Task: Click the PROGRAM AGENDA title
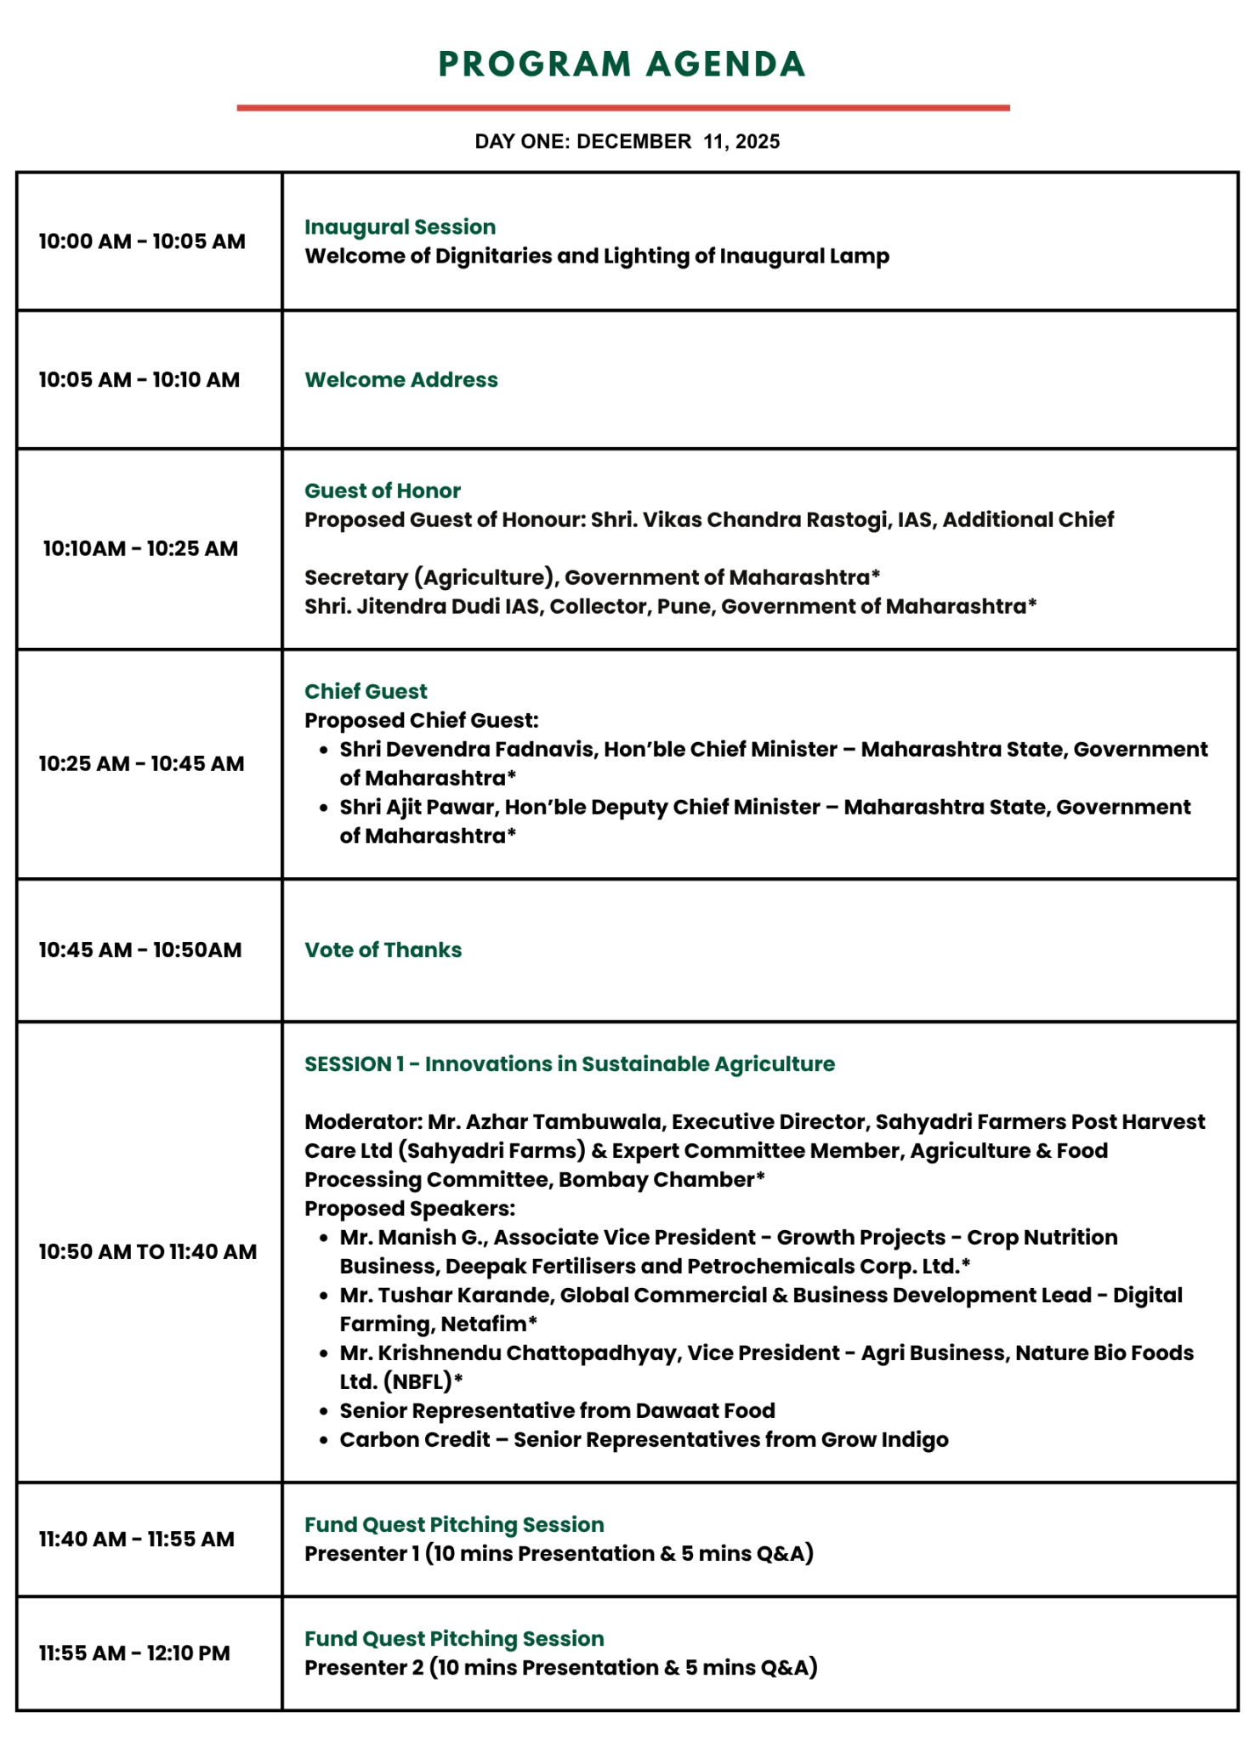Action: [x=622, y=65]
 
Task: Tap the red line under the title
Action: [x=623, y=108]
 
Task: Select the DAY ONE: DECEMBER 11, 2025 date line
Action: [x=627, y=141]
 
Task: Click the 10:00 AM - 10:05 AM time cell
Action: [x=142, y=241]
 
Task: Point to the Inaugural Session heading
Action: [x=400, y=227]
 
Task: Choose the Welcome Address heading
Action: [x=401, y=380]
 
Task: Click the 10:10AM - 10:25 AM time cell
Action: [x=140, y=548]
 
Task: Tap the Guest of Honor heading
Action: [x=383, y=491]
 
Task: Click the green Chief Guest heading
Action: [x=366, y=691]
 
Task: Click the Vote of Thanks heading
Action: [x=383, y=950]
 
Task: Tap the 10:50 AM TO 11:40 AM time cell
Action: [x=147, y=1251]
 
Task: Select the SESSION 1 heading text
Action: [x=570, y=1063]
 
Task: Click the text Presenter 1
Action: [x=362, y=1553]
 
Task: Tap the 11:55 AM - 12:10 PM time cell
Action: [x=134, y=1653]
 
